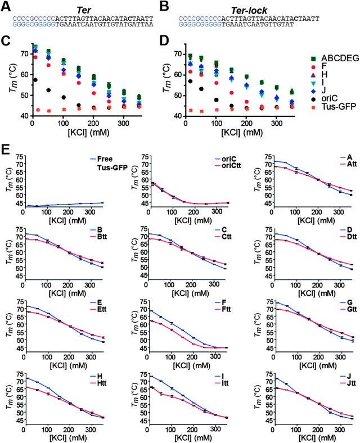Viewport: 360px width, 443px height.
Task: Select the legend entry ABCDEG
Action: [333, 58]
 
